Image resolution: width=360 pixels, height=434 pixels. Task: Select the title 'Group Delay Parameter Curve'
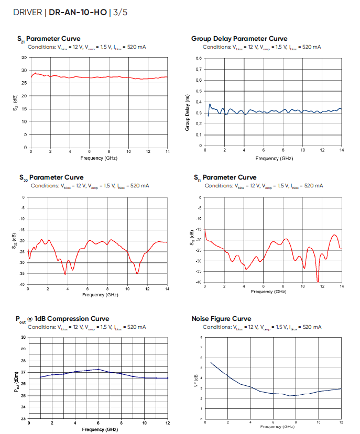pos(239,39)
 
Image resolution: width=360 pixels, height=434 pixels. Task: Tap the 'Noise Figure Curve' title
pos(221,318)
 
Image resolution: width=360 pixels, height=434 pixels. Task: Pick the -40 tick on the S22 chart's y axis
pos(22,284)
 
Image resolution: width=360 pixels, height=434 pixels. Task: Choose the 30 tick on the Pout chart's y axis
pos(24,337)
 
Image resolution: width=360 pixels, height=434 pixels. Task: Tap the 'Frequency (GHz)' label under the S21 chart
pos(99,158)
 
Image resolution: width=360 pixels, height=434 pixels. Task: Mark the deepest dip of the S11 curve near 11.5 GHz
pos(318,281)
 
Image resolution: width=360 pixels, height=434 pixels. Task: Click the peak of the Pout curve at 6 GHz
pos(99,369)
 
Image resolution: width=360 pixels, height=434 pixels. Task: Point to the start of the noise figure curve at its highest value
pos(211,362)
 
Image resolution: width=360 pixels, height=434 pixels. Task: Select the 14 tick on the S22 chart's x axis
pos(167,290)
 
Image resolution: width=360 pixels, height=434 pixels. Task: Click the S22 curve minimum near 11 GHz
pos(137,273)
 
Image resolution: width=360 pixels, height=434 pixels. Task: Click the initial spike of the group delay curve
pos(210,104)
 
